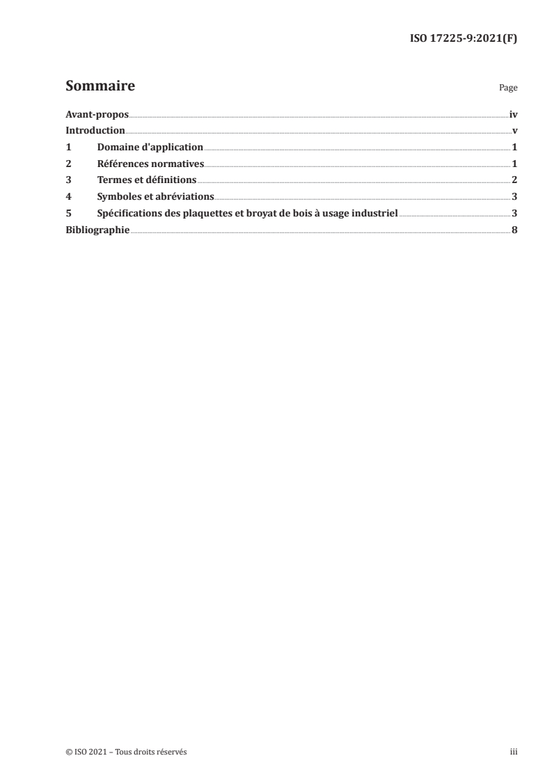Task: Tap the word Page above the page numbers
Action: pyautogui.click(x=508, y=88)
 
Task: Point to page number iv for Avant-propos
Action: pyautogui.click(x=513, y=114)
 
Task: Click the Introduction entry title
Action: pyautogui.click(x=95, y=131)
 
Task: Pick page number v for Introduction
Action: pyautogui.click(x=514, y=131)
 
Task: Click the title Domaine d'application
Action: pyautogui.click(x=150, y=148)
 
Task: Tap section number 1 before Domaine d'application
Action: pyautogui.click(x=68, y=148)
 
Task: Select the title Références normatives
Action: pyautogui.click(x=150, y=164)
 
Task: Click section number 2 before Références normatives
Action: pyautogui.click(x=68, y=164)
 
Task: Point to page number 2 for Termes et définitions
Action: pyautogui.click(x=514, y=180)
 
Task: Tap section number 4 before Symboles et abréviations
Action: pyautogui.click(x=68, y=197)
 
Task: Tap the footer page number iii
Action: pyautogui.click(x=514, y=752)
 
